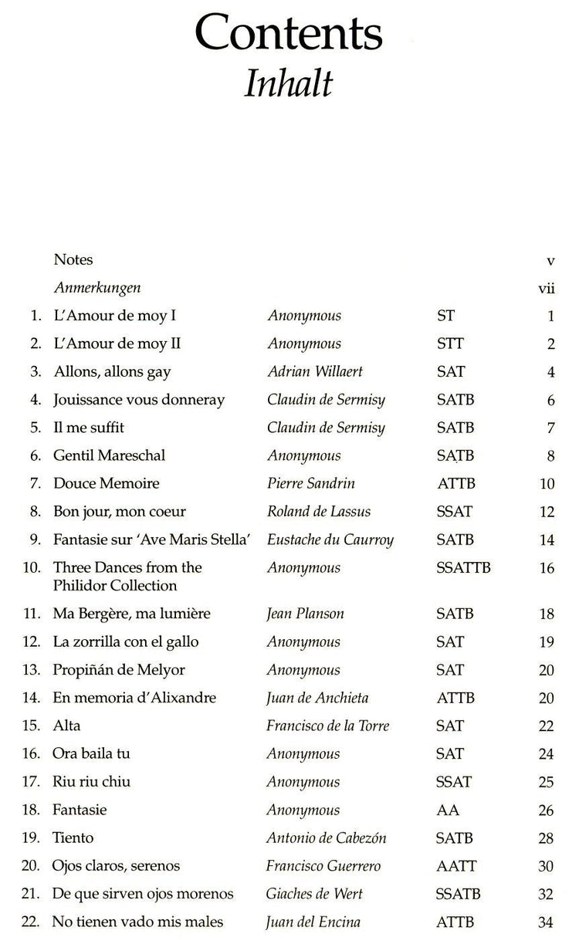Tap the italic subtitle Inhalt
click(x=288, y=83)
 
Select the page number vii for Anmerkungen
click(x=547, y=288)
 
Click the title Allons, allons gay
click(x=112, y=371)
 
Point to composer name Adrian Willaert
click(x=314, y=371)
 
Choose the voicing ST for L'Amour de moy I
click(x=445, y=316)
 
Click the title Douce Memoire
click(x=107, y=483)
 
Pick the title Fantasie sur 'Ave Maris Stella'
click(x=151, y=539)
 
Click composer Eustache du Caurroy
click(x=330, y=539)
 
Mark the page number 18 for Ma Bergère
click(x=547, y=614)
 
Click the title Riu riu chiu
click(x=92, y=782)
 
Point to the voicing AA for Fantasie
click(x=448, y=810)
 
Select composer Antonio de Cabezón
click(x=326, y=837)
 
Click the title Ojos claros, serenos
click(x=117, y=866)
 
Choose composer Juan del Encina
click(x=313, y=922)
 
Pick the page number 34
click(x=547, y=922)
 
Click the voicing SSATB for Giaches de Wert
click(x=459, y=894)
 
